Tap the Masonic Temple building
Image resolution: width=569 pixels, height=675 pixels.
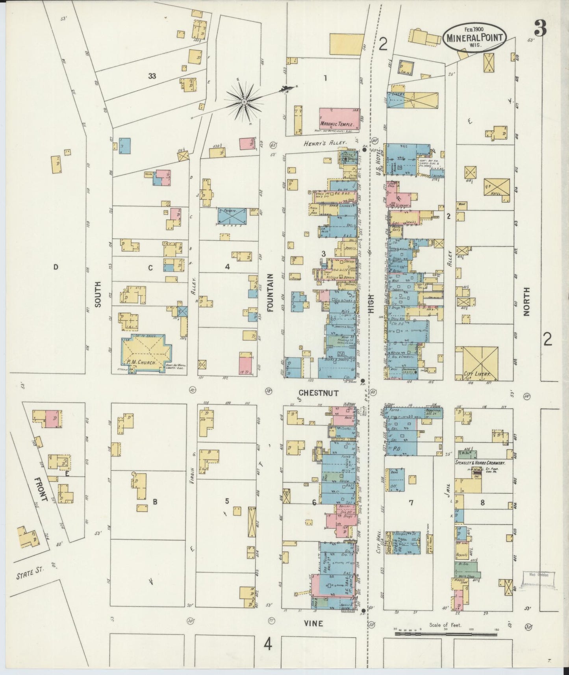click(x=339, y=118)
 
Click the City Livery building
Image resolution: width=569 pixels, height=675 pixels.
click(x=480, y=363)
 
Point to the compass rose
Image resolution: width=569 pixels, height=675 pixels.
click(x=244, y=102)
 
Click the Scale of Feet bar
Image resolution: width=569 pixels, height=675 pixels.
click(x=447, y=634)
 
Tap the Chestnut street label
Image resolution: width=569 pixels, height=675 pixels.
click(x=318, y=392)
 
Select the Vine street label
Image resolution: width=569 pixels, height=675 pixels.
click(x=313, y=623)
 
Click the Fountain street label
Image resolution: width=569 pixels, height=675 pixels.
click(x=271, y=292)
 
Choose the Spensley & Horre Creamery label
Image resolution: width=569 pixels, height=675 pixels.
click(x=480, y=463)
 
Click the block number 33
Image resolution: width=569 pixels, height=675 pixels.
click(x=152, y=76)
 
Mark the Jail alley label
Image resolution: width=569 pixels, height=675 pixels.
click(x=450, y=491)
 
